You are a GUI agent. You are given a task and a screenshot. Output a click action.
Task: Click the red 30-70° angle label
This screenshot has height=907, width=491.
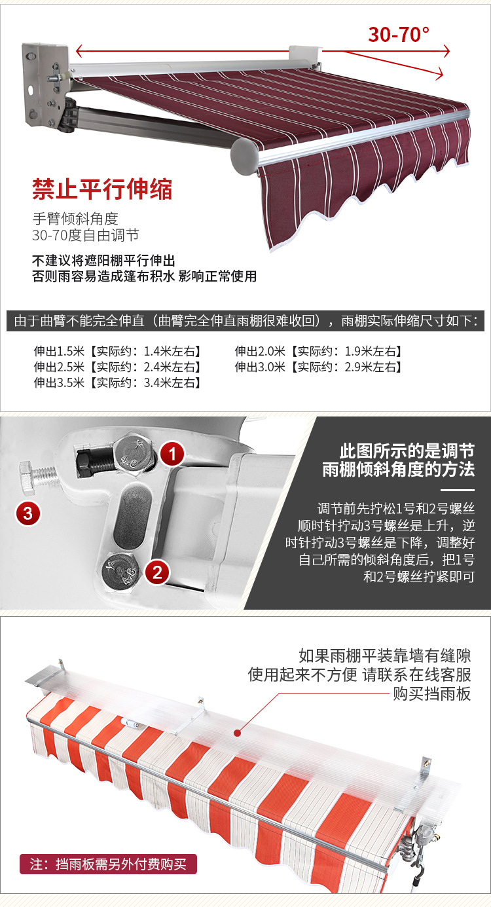click(399, 34)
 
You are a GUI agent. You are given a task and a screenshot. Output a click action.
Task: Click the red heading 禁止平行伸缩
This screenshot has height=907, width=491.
click(102, 189)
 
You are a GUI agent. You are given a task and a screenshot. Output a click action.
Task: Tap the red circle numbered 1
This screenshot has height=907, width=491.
click(172, 453)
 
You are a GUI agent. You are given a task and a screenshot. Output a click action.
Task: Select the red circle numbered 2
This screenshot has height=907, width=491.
click(157, 572)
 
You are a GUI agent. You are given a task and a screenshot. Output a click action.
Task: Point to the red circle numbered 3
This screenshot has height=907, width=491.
click(27, 513)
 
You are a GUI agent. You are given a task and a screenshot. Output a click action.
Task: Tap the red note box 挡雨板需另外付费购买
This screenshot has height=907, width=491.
click(108, 864)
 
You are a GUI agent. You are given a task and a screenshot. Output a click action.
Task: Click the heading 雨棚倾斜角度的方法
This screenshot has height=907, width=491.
click(398, 470)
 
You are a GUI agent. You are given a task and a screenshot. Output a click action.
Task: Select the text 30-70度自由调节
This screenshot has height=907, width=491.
click(85, 235)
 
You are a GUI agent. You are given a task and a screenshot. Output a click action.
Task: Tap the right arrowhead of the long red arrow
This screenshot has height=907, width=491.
click(446, 50)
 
